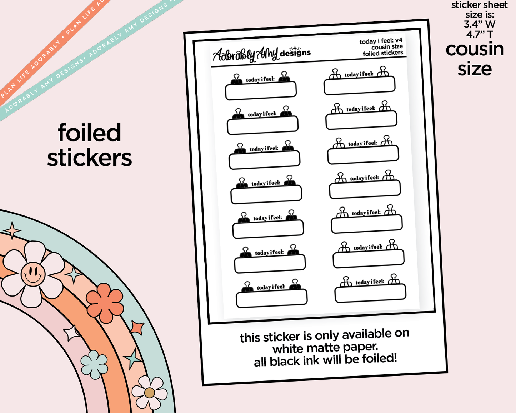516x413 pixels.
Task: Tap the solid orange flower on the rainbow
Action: click(105, 303)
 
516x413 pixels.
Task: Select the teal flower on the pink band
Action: click(94, 365)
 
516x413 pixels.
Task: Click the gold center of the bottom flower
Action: click(149, 393)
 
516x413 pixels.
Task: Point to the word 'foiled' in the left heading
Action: click(89, 133)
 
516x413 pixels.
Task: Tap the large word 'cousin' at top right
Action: click(475, 49)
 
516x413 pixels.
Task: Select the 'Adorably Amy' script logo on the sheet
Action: click(246, 54)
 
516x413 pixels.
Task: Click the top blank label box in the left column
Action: click(261, 91)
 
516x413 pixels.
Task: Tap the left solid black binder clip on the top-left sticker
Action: click(236, 79)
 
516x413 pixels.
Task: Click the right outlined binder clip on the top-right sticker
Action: click(383, 71)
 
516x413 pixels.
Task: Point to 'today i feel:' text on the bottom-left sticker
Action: click(271, 287)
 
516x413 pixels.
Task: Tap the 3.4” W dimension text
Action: click(480, 24)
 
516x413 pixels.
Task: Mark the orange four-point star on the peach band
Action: click(137, 327)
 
